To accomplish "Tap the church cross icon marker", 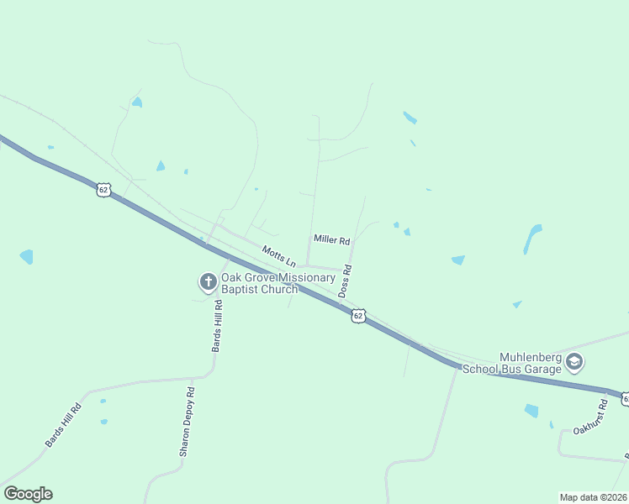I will click(x=208, y=282).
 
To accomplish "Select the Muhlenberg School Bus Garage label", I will click(x=530, y=362).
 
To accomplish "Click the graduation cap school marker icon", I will click(x=574, y=363).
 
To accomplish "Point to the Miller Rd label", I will click(x=331, y=240).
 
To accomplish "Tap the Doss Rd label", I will click(x=345, y=281).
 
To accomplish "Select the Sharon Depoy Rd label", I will click(x=187, y=422).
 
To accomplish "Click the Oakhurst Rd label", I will click(x=590, y=417).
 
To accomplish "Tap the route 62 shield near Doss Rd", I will click(x=359, y=315).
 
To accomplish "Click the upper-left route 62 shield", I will click(x=103, y=190).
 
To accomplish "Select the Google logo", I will click(x=28, y=493).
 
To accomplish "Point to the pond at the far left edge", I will click(x=26, y=256).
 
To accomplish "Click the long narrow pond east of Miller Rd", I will click(x=531, y=238).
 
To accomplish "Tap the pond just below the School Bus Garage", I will click(x=531, y=410).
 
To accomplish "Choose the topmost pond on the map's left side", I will click(x=136, y=102).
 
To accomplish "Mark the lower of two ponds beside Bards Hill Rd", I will click(x=103, y=421).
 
